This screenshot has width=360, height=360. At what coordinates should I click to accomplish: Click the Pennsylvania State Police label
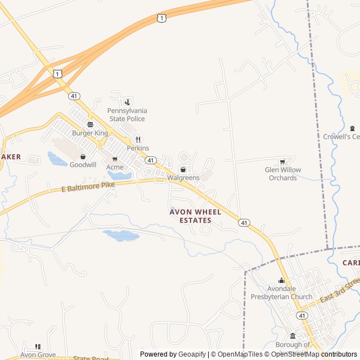tap(127, 115)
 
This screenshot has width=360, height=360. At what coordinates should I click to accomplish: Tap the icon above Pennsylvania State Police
tap(127, 102)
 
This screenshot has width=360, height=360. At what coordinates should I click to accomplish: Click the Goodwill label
tap(83, 165)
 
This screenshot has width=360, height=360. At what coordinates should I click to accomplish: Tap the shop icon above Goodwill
tap(83, 156)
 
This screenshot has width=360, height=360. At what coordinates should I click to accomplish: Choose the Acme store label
tap(115, 167)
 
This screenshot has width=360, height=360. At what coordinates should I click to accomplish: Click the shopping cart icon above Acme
tap(115, 159)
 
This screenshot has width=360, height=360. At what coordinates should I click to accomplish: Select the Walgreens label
tap(183, 178)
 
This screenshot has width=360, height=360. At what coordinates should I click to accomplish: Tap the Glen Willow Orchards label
tap(282, 174)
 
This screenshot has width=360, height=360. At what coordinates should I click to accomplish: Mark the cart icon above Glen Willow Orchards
tap(282, 162)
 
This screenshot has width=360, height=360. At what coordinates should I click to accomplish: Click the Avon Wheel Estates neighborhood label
tap(191, 216)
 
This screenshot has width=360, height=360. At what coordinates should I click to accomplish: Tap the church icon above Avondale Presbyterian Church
tap(282, 281)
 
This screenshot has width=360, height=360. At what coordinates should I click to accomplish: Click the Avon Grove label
tap(38, 355)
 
